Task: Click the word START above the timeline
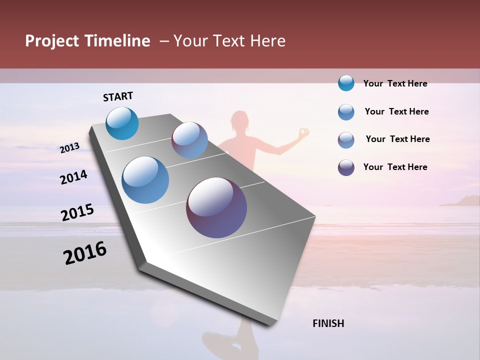(x=118, y=96)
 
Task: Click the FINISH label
(x=328, y=323)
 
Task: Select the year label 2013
(x=70, y=148)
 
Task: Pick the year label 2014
(x=74, y=177)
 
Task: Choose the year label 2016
(x=85, y=253)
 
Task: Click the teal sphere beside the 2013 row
(x=122, y=123)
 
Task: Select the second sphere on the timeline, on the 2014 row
(x=189, y=140)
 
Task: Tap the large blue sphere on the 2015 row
(x=145, y=180)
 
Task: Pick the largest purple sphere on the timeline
(x=216, y=207)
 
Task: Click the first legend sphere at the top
(x=346, y=83)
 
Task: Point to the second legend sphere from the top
(x=346, y=112)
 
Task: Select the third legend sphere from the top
(x=346, y=140)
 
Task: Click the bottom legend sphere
(x=346, y=167)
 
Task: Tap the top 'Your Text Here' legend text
(x=395, y=83)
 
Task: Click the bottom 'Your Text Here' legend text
(x=395, y=167)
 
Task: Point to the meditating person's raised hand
(x=303, y=133)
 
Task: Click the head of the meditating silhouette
(x=239, y=122)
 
